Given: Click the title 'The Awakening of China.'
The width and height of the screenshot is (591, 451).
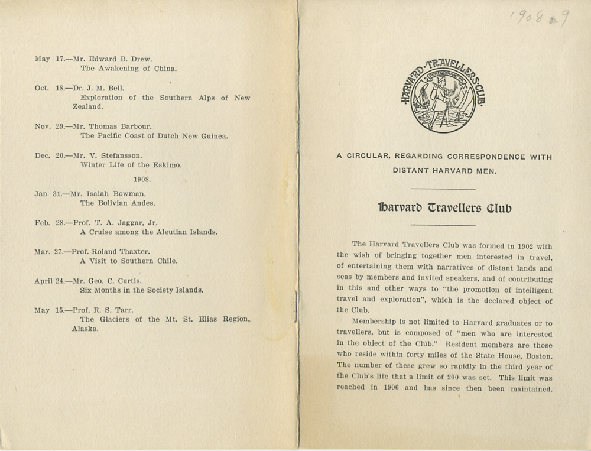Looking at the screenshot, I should [x=128, y=68].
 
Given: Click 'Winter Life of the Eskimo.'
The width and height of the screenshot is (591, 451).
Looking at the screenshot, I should [x=131, y=164].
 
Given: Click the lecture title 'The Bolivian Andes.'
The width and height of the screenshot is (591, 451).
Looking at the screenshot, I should [x=118, y=203].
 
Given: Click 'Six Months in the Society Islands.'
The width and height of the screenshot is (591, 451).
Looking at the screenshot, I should [x=141, y=290].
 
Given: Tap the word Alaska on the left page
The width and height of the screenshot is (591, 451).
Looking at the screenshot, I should [x=85, y=329].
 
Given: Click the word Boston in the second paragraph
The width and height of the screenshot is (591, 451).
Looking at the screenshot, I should [x=538, y=355].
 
